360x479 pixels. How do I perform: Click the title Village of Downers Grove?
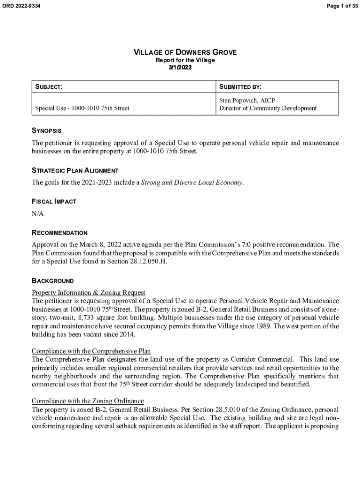(185, 52)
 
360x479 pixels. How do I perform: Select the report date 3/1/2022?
(180, 67)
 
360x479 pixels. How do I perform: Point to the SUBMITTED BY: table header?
(240, 87)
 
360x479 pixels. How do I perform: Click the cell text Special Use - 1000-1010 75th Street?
(82, 109)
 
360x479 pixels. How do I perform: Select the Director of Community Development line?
(268, 109)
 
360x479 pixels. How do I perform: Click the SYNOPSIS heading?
(46, 131)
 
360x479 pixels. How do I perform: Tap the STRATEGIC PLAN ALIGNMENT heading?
(75, 171)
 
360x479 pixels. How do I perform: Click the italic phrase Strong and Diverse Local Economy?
(192, 183)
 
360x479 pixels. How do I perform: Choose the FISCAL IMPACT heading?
(54, 202)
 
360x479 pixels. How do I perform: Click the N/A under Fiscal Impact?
(38, 214)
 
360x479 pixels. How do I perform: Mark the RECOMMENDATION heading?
(59, 232)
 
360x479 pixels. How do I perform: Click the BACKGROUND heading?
(52, 281)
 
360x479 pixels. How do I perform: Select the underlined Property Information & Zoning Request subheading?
(88, 293)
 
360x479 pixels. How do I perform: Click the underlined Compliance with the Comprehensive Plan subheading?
(91, 351)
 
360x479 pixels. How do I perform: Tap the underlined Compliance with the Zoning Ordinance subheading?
(87, 401)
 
